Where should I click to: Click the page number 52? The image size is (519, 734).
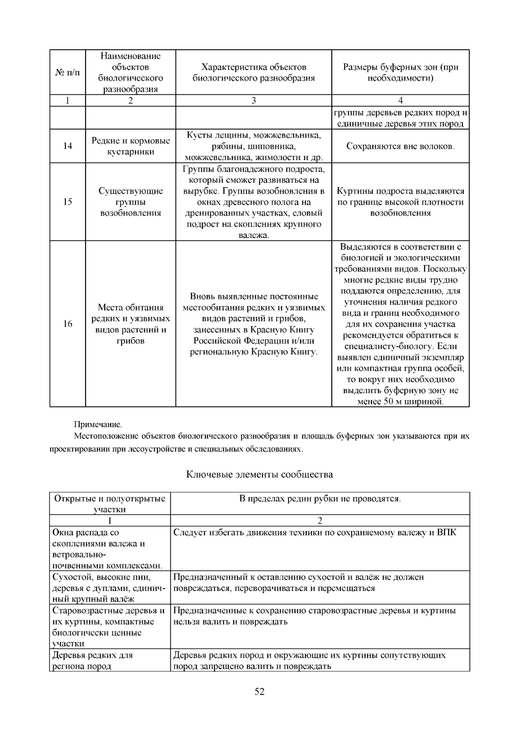(259, 692)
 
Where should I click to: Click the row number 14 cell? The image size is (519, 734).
(67, 146)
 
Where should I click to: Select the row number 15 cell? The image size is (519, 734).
(67, 202)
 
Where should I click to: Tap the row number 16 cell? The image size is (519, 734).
(67, 324)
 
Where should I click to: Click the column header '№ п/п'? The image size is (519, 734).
(67, 73)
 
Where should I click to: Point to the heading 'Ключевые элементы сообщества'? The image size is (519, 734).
(259, 474)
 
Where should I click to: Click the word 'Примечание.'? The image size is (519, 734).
(98, 425)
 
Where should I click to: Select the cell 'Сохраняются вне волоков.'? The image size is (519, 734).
(400, 146)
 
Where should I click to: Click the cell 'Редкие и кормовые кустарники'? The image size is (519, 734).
(131, 146)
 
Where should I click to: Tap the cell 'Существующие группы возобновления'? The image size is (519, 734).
(131, 202)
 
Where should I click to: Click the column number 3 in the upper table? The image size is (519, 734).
(253, 100)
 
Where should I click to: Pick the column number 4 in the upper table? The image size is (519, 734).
(400, 100)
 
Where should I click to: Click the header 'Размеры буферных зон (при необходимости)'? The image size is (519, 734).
(400, 73)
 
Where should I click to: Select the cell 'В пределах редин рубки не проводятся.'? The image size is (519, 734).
(320, 499)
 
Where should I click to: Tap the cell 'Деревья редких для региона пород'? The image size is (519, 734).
(110, 660)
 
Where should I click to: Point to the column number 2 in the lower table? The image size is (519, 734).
(320, 521)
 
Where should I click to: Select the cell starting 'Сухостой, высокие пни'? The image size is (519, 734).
(110, 588)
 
